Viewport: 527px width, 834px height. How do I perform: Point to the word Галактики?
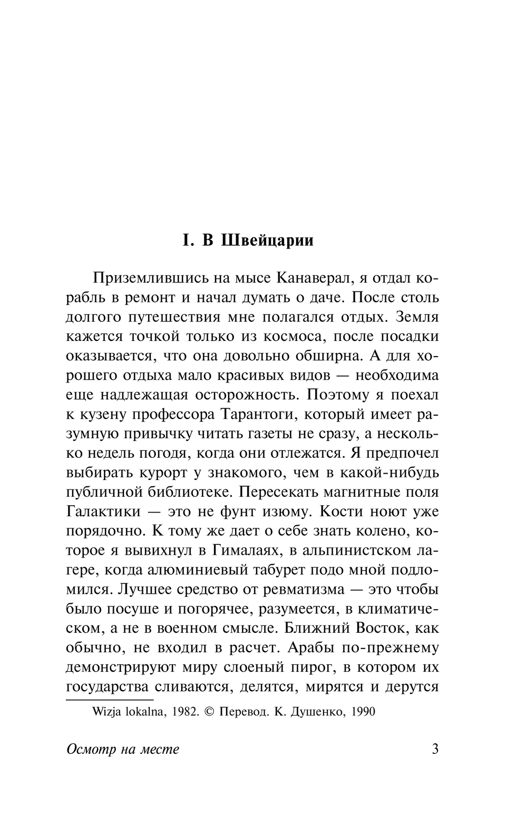[x=104, y=511]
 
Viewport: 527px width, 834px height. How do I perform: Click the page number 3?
[x=435, y=749]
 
